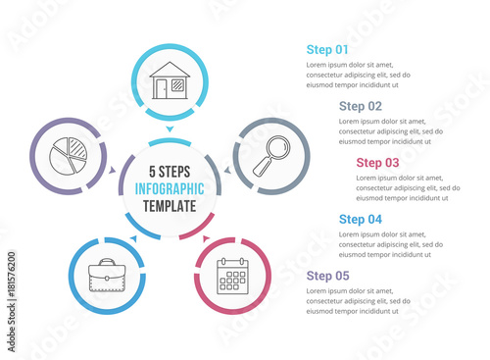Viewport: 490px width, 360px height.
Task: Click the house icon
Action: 170,80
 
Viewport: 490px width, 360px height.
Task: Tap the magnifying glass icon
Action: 271,156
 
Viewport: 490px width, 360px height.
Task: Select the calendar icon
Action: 232,276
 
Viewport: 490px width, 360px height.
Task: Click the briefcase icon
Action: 107,276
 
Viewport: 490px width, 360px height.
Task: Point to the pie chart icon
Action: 69,156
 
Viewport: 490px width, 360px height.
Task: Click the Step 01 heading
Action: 327,50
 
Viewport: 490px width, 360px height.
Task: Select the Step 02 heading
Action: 361,106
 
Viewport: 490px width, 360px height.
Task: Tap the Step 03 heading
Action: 377,163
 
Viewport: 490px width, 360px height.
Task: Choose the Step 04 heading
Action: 361,219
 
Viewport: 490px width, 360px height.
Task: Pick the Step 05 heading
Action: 327,276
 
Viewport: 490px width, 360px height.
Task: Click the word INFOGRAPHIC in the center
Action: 170,189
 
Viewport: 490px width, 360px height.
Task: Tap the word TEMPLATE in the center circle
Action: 170,206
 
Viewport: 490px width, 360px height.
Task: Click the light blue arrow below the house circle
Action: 170,129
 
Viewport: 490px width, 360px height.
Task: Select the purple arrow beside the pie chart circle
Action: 113,170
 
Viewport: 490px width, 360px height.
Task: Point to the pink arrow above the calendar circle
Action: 206,238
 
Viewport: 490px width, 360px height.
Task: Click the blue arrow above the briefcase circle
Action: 133,238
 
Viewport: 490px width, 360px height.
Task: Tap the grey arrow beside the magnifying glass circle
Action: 227,170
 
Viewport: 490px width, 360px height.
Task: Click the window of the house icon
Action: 177,85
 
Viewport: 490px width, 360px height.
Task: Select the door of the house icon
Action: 161,89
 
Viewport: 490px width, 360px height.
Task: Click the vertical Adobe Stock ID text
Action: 12,301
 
